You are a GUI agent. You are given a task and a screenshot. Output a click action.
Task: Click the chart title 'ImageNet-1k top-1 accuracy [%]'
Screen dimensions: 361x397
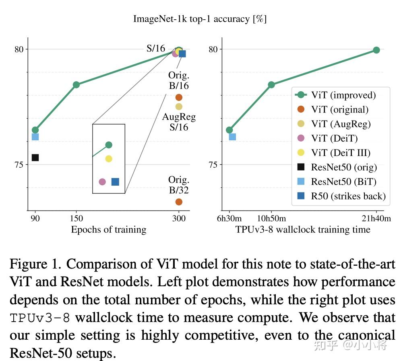[200, 19]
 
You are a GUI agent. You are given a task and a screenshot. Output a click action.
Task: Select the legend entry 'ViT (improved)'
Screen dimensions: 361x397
[343, 95]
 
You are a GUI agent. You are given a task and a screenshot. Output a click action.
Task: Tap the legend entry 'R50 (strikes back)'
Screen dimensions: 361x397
[348, 196]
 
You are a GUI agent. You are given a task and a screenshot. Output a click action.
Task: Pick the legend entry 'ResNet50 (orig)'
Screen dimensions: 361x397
[344, 167]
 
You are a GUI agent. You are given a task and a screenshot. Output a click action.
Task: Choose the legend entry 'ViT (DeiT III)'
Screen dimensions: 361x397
[341, 153]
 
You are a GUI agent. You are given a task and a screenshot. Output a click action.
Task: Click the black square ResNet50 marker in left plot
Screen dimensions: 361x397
[35, 158]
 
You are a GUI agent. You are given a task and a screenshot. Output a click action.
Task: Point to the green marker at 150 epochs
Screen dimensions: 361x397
[76, 85]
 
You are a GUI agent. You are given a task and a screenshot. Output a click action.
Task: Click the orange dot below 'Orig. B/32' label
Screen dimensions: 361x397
[179, 202]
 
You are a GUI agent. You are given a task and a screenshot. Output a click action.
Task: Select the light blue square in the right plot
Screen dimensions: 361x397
[232, 137]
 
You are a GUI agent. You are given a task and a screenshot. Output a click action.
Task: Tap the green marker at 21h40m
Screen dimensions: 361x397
[376, 50]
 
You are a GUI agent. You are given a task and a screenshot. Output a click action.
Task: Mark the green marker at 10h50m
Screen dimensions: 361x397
[271, 85]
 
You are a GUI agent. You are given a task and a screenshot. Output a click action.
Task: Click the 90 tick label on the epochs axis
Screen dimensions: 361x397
[35, 219]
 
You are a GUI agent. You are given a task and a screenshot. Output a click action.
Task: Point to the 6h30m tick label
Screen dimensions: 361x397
[229, 219]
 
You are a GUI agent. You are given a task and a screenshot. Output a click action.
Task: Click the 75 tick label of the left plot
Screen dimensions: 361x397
[19, 164]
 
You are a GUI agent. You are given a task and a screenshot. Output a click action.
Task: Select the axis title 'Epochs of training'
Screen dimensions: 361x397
[108, 230]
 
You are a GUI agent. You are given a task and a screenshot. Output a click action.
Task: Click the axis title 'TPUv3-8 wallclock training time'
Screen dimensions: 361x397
[302, 230]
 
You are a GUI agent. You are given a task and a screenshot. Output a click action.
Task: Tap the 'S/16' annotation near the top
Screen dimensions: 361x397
[155, 49]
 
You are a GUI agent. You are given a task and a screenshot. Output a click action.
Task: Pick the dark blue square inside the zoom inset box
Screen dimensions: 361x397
[115, 182]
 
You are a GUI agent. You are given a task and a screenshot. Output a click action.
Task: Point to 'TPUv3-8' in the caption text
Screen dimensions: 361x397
[40, 318]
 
